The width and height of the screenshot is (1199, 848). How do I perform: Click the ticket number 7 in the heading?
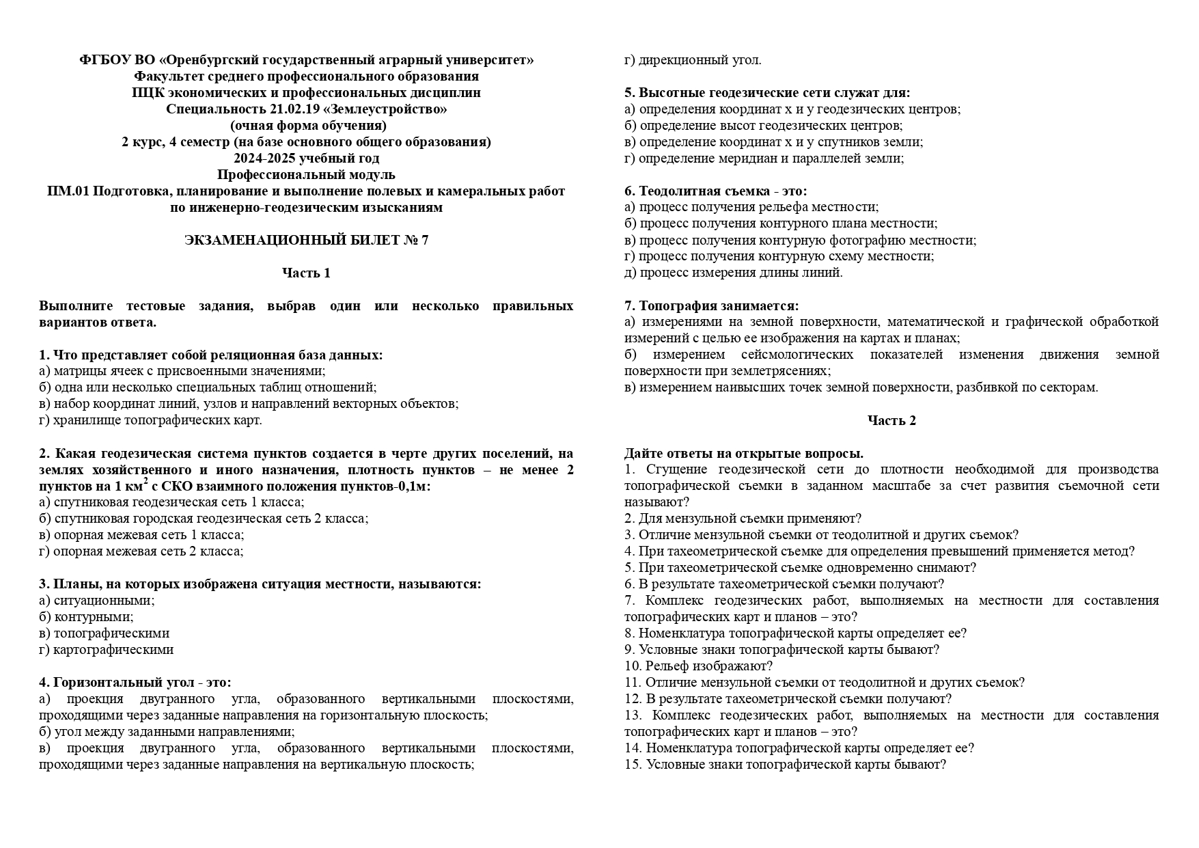coord(425,240)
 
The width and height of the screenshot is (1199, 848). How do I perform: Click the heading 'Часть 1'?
coord(306,273)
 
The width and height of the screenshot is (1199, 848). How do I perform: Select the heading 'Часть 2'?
coord(892,420)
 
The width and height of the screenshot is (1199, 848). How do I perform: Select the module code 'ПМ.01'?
coord(67,191)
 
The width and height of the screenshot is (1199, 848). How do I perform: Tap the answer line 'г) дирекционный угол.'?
coord(693,60)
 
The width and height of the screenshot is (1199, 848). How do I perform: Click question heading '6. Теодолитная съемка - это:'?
coord(715,191)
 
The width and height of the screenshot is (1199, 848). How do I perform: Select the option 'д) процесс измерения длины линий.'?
coord(733,273)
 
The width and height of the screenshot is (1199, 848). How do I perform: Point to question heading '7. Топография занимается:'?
coord(711,305)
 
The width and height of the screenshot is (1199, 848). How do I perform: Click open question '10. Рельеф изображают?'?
coord(698,666)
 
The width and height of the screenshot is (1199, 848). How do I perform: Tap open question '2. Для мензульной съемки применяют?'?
coord(743,519)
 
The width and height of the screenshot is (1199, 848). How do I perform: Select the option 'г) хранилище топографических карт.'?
coord(150,420)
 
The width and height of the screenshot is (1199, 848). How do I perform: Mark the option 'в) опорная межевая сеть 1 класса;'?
coord(141,535)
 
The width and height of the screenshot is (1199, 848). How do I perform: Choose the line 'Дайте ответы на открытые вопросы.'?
coord(743,453)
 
